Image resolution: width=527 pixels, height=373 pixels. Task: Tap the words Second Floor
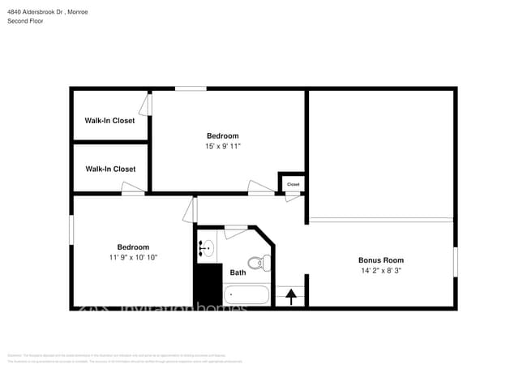pos(25,21)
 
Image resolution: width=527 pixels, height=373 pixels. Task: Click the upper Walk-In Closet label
pos(109,121)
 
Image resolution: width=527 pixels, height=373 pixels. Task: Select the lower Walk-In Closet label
pos(109,169)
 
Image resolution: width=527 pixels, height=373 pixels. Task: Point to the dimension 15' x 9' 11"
pos(222,146)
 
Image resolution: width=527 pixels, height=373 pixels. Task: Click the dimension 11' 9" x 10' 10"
pos(133,257)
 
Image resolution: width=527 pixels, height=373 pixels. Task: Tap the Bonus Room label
pos(380,260)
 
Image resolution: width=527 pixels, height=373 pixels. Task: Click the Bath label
pos(238,272)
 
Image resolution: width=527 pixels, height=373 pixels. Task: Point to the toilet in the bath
pos(258,262)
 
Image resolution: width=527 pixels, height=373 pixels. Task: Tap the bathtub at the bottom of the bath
pos(246,294)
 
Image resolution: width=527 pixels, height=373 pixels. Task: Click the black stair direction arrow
pos(290,297)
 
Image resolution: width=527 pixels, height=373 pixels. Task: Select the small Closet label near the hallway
pos(293,184)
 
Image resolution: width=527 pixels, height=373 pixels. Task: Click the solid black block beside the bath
pos(207,284)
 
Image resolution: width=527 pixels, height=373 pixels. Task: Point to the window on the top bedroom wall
pos(191,88)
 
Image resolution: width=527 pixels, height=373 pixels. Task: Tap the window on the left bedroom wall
pos(71,229)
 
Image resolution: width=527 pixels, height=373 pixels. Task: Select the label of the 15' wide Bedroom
pos(222,135)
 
